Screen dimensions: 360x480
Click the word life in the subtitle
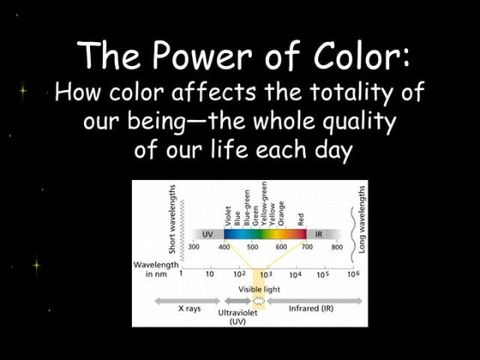click(222, 150)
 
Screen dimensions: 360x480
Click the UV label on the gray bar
click(207, 233)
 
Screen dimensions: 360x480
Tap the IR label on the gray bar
click(319, 233)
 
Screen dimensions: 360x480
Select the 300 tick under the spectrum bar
click(195, 247)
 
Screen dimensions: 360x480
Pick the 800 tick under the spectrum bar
click(337, 247)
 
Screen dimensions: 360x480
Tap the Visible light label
click(259, 290)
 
